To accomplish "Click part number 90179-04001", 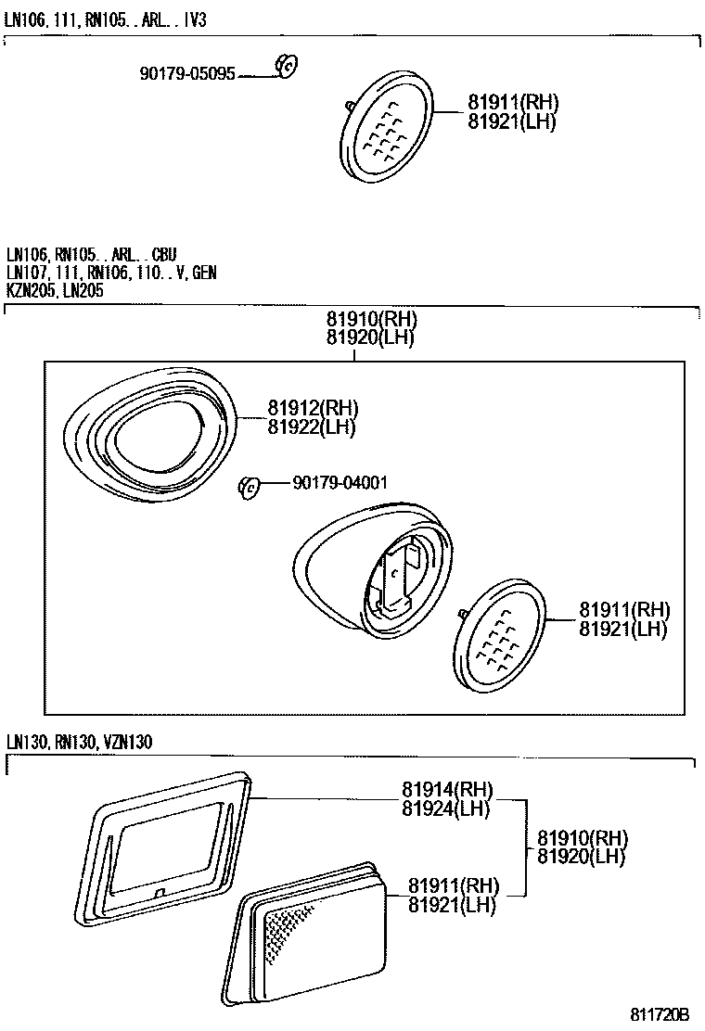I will coord(340,482).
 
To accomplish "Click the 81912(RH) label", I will coord(313,408).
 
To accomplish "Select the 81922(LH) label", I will coord(312,426).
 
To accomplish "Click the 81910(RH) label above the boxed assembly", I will coord(371,320).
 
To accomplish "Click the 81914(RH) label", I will coord(447,790).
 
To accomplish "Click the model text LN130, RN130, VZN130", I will coord(79,742).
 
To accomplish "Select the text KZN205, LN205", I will coord(55,290).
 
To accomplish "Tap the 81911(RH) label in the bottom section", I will coord(454,885).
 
